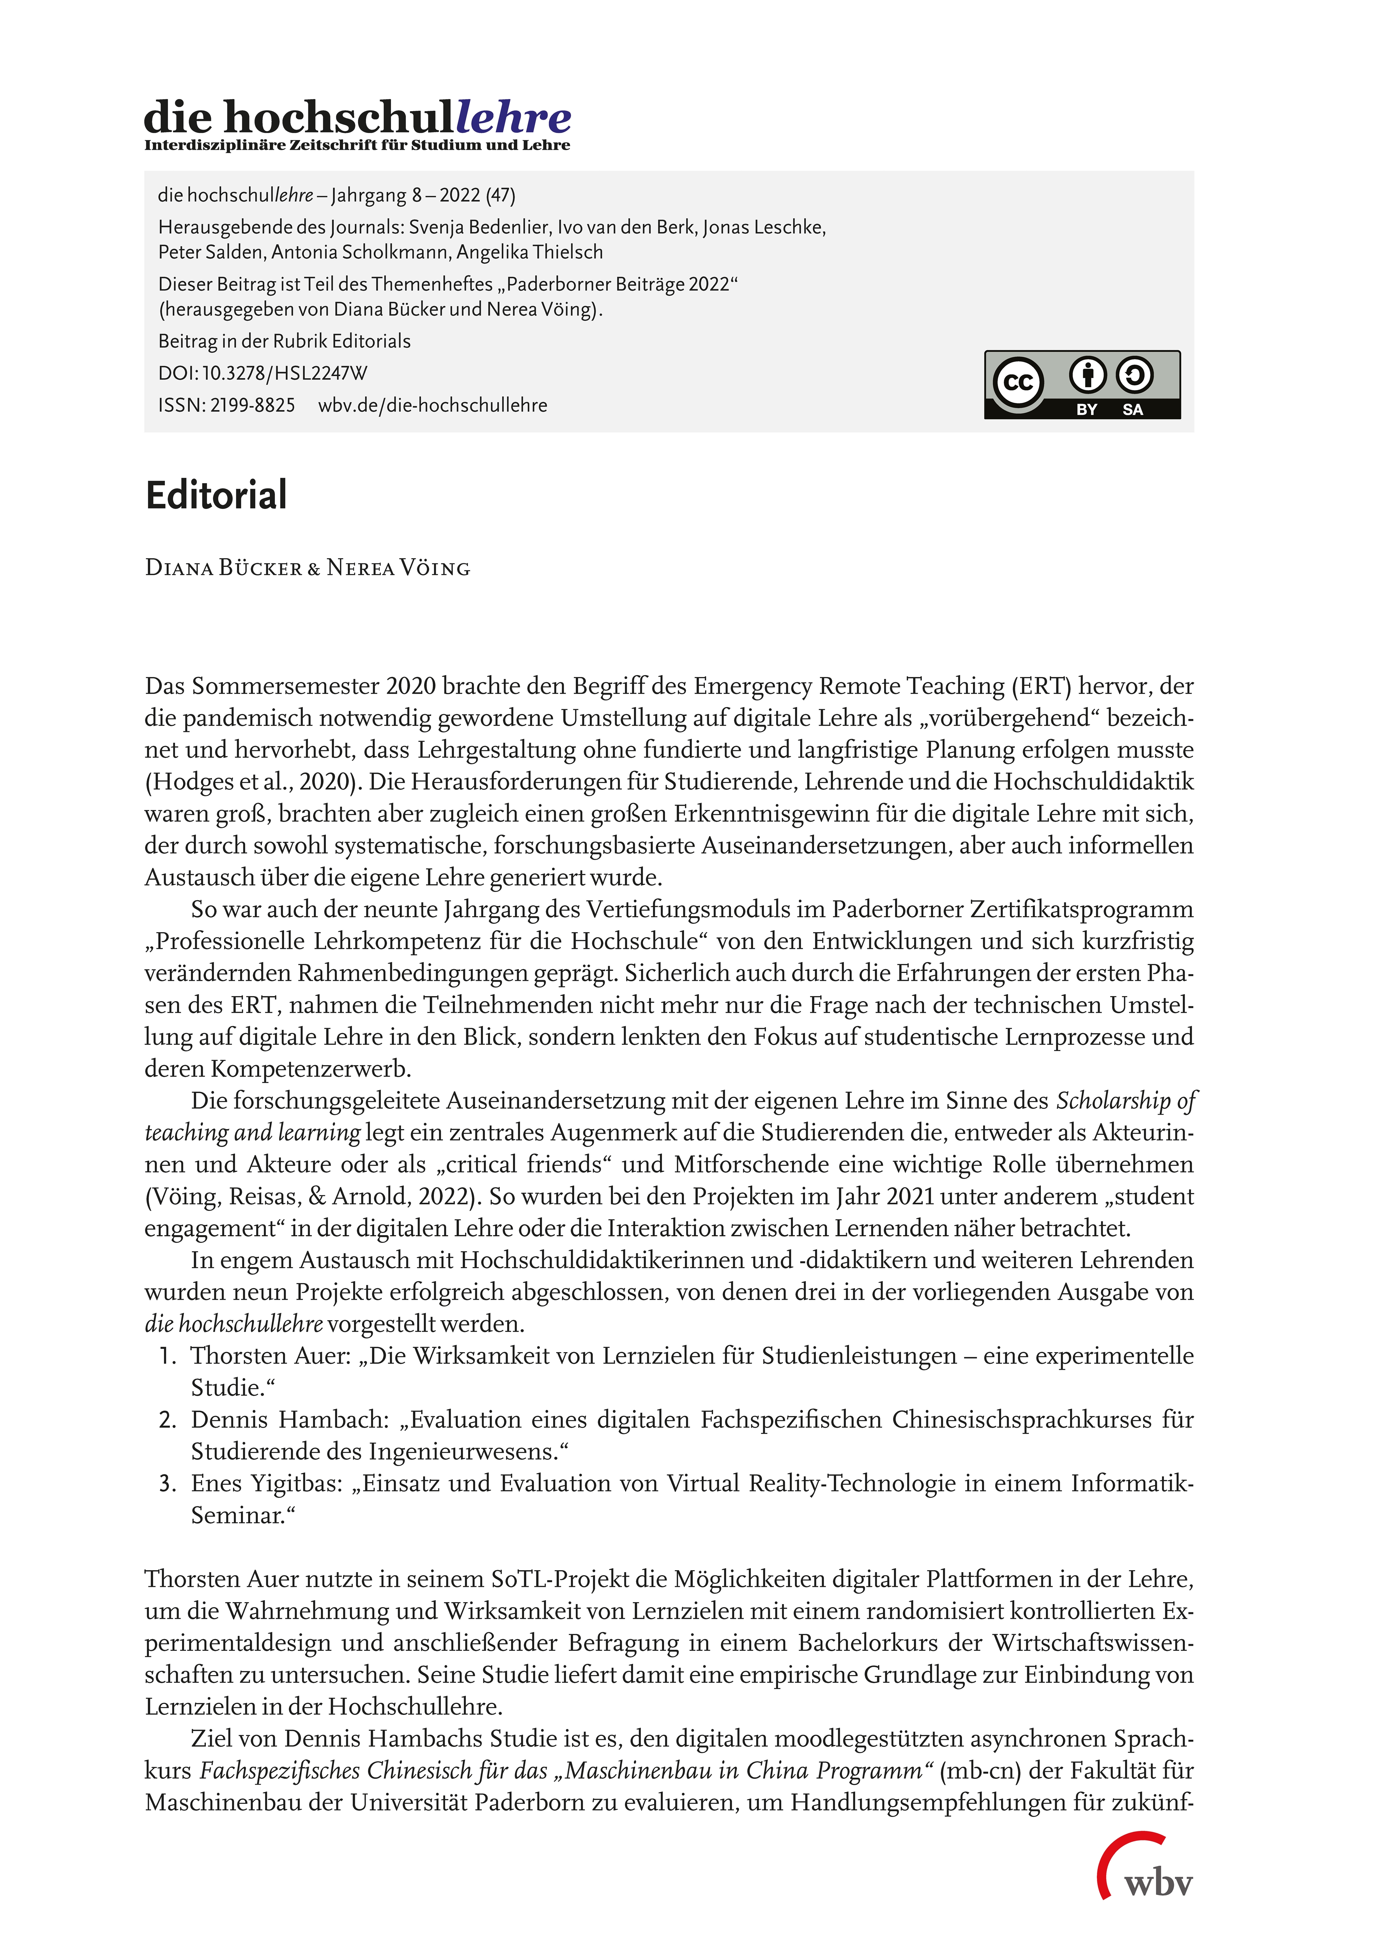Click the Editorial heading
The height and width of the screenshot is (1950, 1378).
coord(216,495)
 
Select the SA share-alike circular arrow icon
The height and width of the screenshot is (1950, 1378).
coord(1134,374)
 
